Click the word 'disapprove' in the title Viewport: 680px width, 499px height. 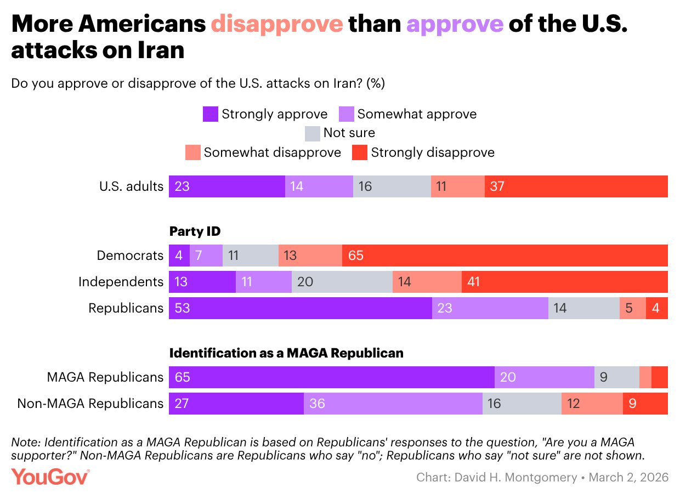[277, 24]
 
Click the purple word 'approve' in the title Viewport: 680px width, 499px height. [455, 24]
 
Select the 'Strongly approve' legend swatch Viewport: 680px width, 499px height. [211, 114]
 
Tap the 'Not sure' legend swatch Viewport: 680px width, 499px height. [312, 133]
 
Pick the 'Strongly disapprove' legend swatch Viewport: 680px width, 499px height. [359, 152]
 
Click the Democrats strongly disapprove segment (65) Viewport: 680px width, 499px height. [505, 256]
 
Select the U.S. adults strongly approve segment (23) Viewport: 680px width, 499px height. [226, 186]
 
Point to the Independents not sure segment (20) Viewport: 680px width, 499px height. [342, 282]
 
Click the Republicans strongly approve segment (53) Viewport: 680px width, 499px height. [300, 308]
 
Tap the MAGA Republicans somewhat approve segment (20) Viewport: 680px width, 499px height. [544, 377]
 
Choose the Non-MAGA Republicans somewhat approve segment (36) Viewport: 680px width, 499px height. [393, 404]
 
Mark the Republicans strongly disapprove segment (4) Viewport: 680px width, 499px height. [656, 308]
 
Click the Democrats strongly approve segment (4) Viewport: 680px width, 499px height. [179, 256]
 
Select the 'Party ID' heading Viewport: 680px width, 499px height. [195, 231]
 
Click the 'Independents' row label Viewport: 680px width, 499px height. [121, 282]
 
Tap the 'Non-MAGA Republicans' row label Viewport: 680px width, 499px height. [90, 404]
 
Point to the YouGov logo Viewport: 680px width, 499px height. [50, 477]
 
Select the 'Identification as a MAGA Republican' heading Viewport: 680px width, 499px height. [286, 353]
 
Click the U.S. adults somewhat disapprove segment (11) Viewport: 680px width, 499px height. [457, 186]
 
